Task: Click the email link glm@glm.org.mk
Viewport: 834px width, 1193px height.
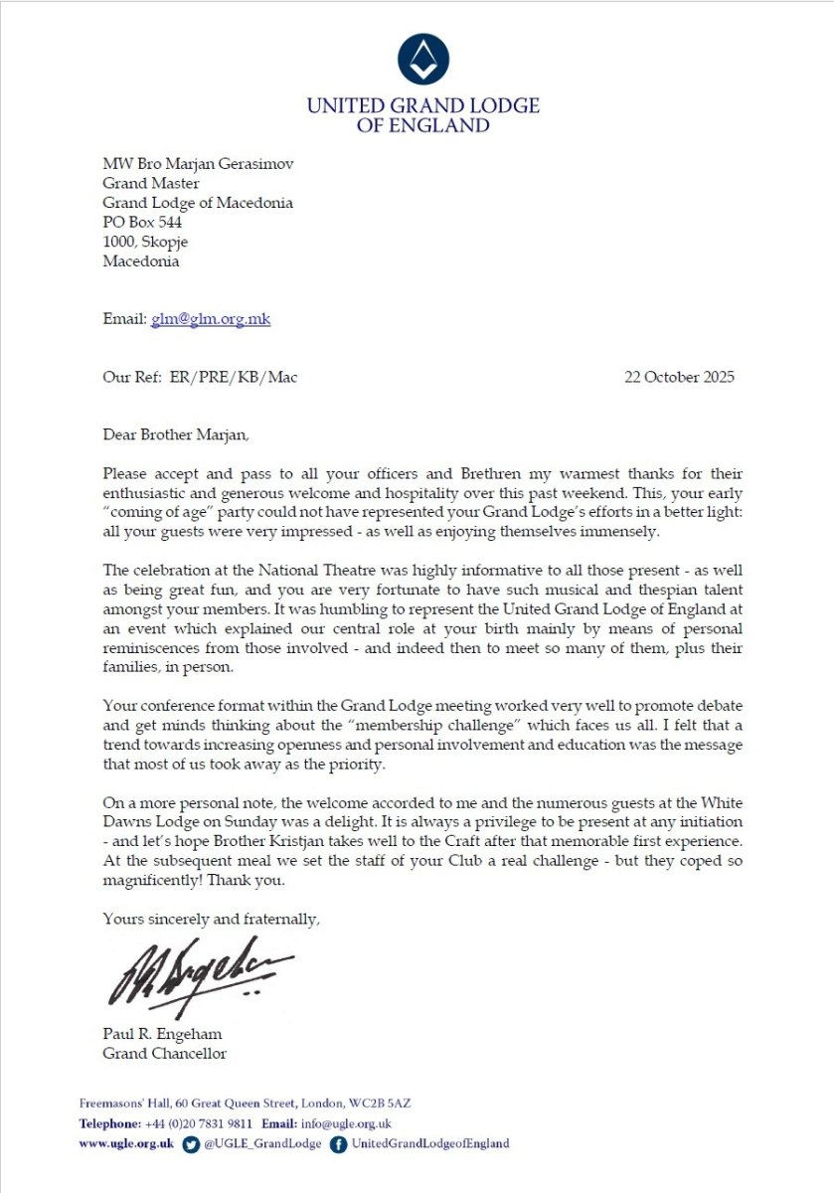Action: pos(211,319)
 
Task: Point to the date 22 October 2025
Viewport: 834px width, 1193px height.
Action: pos(679,378)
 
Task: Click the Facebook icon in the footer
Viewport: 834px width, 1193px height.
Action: pos(338,1143)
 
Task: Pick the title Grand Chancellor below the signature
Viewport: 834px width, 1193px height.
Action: pos(165,1053)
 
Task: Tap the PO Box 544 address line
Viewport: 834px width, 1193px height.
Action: pos(143,223)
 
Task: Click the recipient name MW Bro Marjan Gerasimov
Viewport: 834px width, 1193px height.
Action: pos(197,163)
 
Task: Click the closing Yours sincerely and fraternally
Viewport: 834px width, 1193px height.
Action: pos(212,920)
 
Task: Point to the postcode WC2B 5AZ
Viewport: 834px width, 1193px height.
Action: pos(386,1104)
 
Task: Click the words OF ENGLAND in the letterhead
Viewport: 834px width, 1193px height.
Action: pos(422,126)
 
